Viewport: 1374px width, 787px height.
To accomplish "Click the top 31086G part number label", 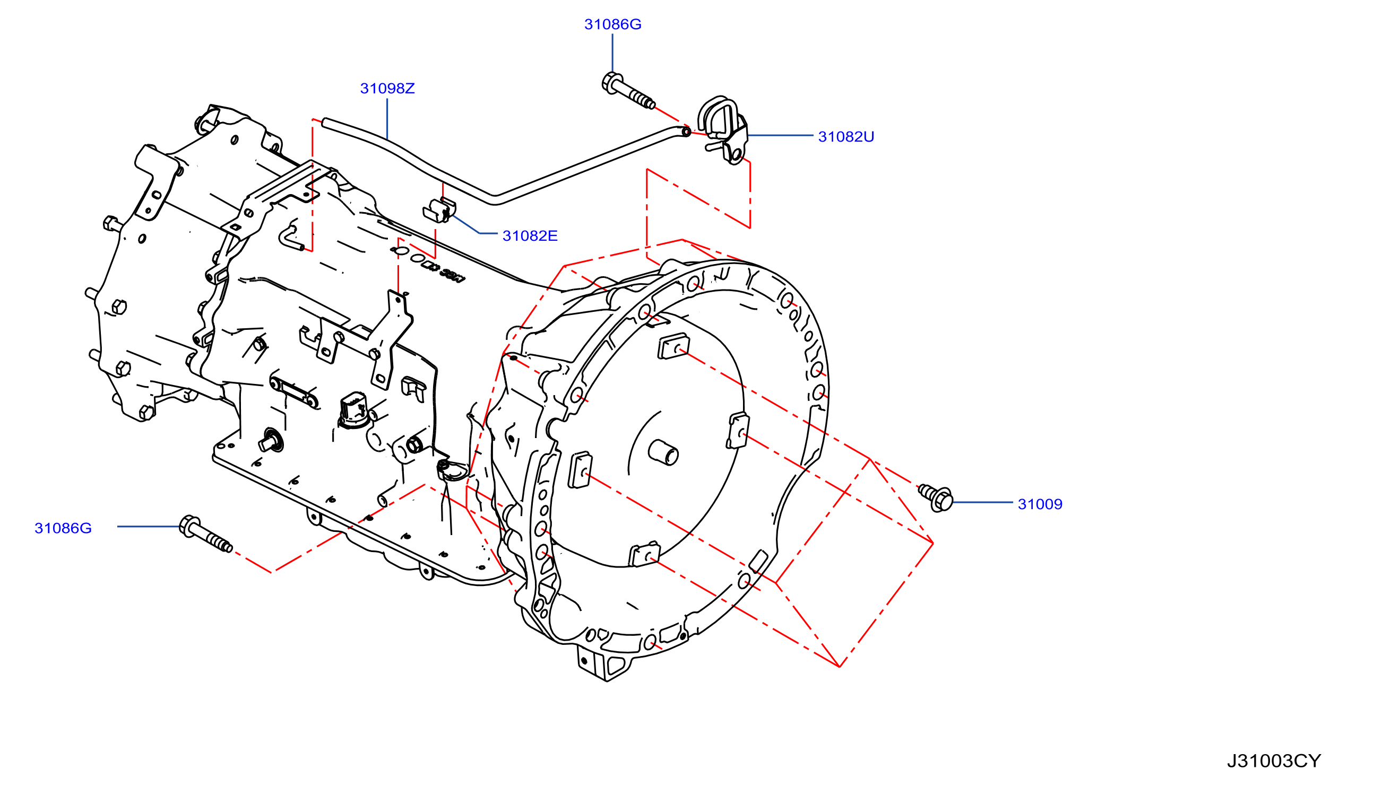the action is (612, 24).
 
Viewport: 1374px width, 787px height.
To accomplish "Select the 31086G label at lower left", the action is (63, 528).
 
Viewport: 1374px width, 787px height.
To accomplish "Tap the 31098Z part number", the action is (387, 88).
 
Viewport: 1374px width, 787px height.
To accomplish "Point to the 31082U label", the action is (846, 137).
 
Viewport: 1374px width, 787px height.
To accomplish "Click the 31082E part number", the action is (530, 235).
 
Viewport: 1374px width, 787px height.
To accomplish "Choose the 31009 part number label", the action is (1040, 504).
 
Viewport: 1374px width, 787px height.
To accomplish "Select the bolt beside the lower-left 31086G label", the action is (205, 534).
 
